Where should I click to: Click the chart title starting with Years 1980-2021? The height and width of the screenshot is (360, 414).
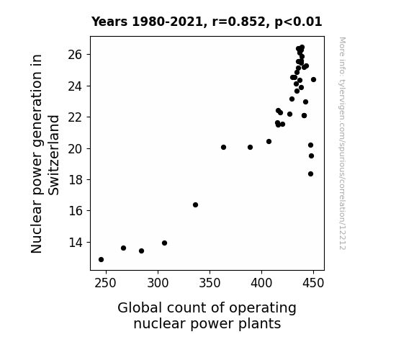pos(207,22)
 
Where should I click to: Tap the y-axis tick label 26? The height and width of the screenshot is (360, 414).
pos(75,55)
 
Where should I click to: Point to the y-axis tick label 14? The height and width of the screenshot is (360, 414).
pos(76,242)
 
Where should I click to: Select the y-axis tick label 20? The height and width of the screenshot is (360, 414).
pos(75,149)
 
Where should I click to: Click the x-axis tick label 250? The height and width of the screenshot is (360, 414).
pos(105,283)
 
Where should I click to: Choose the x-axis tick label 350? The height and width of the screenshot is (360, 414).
pos(210,283)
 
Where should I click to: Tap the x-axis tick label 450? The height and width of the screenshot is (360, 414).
pos(313,283)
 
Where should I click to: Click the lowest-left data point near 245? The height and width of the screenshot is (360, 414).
pos(101,260)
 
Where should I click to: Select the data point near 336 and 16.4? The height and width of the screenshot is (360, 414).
pos(195,205)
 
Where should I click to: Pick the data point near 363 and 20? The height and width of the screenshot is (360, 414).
pos(224,148)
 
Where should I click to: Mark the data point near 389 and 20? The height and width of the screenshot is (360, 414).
pos(251,148)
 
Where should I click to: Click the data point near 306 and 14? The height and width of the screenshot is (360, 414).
pos(164,243)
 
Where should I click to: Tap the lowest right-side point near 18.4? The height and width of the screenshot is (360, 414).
pos(311,174)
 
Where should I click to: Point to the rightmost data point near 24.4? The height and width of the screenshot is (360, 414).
pos(314,79)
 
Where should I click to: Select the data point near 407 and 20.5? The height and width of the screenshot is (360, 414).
pos(269,142)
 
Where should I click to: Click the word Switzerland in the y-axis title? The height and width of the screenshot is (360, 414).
pos(54,156)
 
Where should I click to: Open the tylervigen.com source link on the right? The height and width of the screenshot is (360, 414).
pos(342,143)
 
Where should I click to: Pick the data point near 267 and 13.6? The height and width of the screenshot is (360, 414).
pos(124,248)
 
